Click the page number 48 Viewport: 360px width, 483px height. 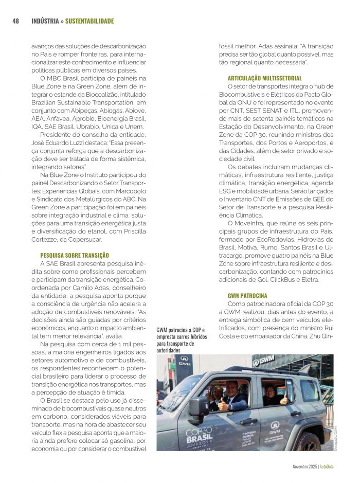tap(15, 21)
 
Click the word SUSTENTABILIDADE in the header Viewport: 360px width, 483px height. tap(89, 21)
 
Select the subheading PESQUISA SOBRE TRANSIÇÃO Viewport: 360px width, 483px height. tap(75, 255)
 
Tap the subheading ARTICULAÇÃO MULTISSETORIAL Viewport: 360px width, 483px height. tap(265, 78)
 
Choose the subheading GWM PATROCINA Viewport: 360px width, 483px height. tap(247, 296)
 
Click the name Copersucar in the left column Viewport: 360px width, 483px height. tap(87, 240)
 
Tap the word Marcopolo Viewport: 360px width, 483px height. tap(132, 190)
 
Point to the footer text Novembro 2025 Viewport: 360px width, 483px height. tap(301, 467)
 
